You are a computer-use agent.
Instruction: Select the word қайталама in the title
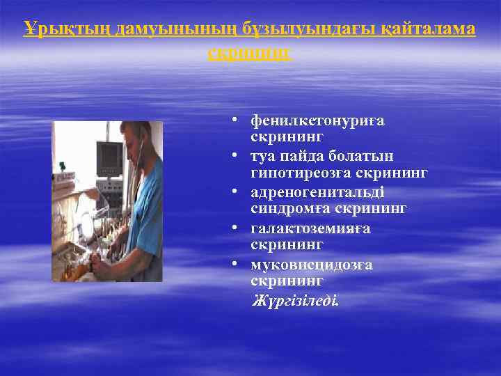coord(434,29)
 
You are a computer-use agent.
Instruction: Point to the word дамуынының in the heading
coord(166,29)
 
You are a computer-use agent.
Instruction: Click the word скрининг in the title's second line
coord(250,54)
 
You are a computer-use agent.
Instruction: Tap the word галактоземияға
coord(310,228)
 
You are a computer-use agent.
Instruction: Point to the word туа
coord(263,156)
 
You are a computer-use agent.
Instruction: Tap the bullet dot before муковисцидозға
coord(237,262)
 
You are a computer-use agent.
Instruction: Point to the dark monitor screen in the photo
coord(109,157)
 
